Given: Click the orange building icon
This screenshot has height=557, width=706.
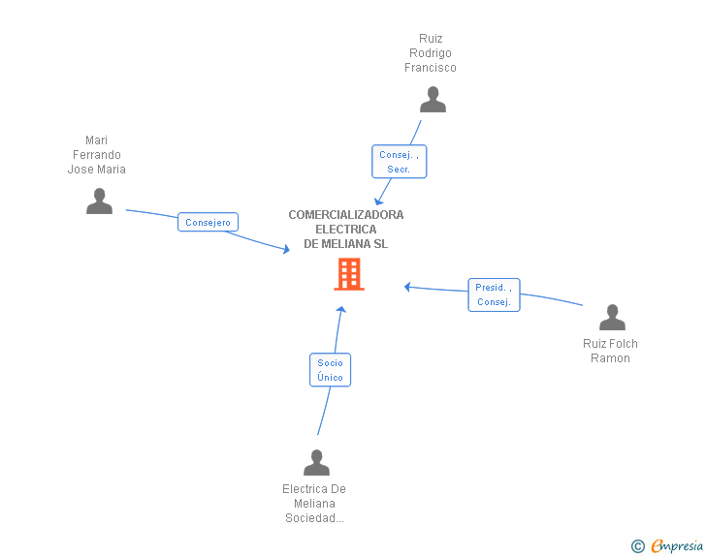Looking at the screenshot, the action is click(349, 274).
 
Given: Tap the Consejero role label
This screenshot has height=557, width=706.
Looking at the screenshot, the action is click(208, 222).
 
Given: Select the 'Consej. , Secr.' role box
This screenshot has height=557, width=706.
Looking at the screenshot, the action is click(399, 162).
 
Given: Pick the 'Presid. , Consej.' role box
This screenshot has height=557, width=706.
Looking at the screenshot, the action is click(494, 294).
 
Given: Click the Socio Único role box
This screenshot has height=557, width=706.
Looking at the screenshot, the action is click(330, 370).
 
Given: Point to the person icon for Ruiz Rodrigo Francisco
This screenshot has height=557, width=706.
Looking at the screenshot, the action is click(433, 100).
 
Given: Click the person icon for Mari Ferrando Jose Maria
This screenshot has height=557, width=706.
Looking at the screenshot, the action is click(99, 201).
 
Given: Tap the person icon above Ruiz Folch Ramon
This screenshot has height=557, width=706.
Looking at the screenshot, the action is click(612, 317).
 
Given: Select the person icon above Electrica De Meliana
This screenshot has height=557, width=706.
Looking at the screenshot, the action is click(316, 462).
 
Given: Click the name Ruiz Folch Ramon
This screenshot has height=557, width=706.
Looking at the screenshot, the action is click(610, 351).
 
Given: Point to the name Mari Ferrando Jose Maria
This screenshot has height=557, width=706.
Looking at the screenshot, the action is click(96, 155).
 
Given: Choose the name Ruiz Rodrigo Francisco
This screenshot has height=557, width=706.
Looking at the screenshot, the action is click(431, 53).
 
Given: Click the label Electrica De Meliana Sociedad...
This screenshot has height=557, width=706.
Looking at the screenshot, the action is click(314, 504).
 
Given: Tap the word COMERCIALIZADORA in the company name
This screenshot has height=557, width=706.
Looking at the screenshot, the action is click(346, 215).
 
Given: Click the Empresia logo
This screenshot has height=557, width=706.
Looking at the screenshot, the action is click(677, 545).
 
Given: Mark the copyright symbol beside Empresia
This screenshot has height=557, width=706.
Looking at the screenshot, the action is click(637, 546).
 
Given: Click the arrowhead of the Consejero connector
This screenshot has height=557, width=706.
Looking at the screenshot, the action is click(286, 249).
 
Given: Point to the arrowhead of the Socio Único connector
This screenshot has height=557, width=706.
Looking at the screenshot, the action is click(341, 310).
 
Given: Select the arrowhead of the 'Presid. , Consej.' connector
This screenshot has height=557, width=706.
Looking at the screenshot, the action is click(407, 287).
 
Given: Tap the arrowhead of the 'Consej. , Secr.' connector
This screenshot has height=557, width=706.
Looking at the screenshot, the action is click(378, 201).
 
